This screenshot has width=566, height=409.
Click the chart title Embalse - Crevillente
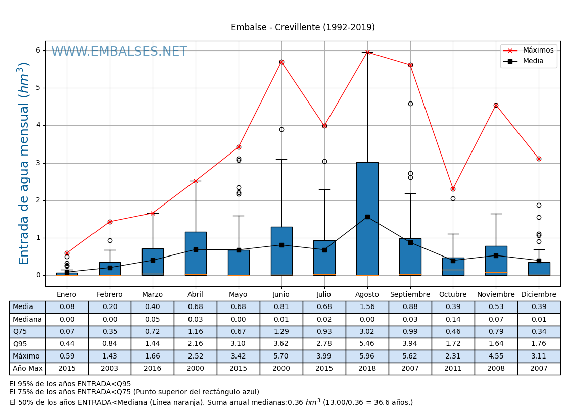[303, 27]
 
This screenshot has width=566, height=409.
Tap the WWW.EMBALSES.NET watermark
[119, 52]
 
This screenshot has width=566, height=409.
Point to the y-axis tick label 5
[37, 88]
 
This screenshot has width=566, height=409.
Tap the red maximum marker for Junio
[281, 62]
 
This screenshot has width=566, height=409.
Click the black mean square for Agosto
[367, 217]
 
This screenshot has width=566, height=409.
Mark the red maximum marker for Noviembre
[496, 105]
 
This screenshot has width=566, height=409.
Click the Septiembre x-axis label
[410, 295]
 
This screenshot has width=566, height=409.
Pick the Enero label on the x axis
[67, 295]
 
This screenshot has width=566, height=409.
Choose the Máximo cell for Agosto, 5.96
[367, 356]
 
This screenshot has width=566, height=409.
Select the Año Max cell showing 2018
[367, 369]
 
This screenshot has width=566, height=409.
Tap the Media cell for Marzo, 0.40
[152, 307]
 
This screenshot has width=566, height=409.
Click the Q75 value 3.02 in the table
[367, 332]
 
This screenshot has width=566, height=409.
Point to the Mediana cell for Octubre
[453, 319]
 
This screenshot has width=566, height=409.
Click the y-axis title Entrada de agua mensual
[24, 163]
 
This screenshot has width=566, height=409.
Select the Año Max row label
[27, 369]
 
